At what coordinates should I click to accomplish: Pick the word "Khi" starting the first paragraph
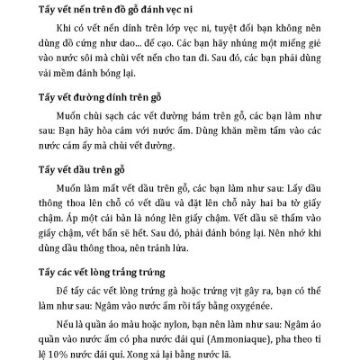[67, 29]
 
